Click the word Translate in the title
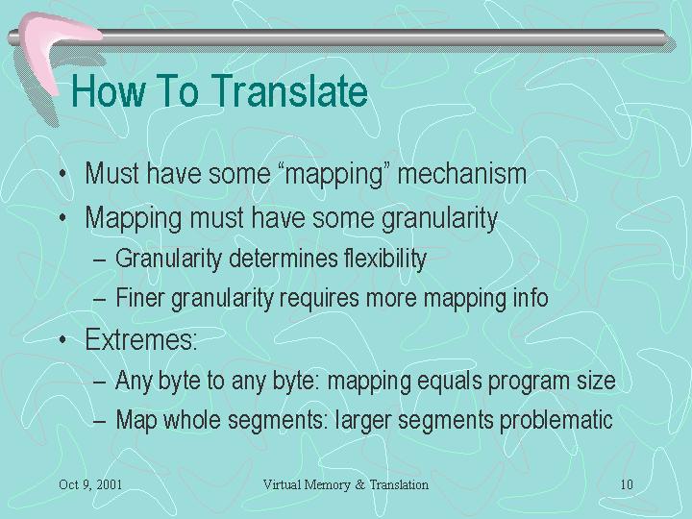290,90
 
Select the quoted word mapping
334,174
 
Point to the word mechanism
462,173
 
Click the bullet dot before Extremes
63,339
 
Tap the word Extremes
140,339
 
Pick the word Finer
140,297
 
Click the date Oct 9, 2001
90,484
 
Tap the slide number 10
627,484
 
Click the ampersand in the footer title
360,484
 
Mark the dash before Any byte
100,382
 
